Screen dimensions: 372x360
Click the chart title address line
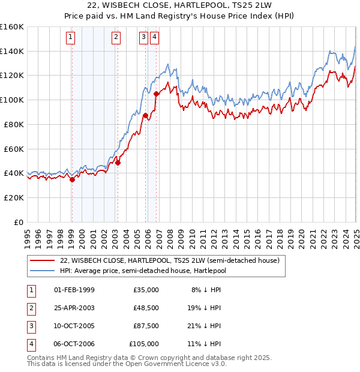point(180,7)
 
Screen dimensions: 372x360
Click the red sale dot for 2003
point(118,163)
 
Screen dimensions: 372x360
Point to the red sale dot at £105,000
point(156,94)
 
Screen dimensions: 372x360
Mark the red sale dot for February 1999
point(72,179)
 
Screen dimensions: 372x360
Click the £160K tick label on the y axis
point(12,27)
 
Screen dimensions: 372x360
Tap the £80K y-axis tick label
point(14,124)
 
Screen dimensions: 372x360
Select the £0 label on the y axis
point(19,222)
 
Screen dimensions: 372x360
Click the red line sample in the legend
point(42,260)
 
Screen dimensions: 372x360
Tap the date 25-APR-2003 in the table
point(74,308)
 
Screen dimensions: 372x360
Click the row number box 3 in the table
point(29,326)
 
